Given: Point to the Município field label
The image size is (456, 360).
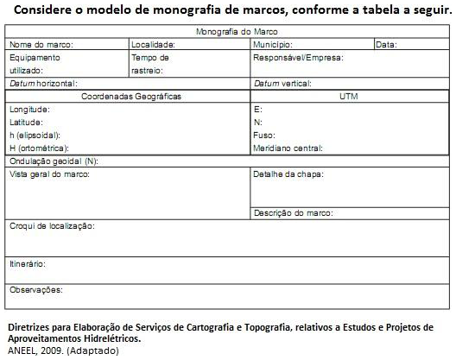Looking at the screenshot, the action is coord(273,44).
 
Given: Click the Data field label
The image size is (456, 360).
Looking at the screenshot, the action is coord(386,44).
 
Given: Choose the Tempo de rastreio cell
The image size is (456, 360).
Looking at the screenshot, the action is coord(150,64).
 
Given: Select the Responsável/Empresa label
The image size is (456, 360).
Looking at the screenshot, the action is coord(298,58).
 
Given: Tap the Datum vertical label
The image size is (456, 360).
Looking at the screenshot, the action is coord(282,84).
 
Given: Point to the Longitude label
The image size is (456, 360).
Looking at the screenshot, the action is coord(29,110).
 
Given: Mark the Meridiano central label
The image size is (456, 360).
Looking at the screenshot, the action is coord(288,148).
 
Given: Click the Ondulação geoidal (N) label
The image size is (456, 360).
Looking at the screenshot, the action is coord(54,161).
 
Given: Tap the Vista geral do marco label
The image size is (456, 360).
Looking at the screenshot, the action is coord(49,174).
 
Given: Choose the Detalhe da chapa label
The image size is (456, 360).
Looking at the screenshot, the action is coord(288,174).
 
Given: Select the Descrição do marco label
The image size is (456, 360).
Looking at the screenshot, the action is coord(293,212).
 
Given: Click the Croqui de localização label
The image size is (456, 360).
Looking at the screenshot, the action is coord(52,226).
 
